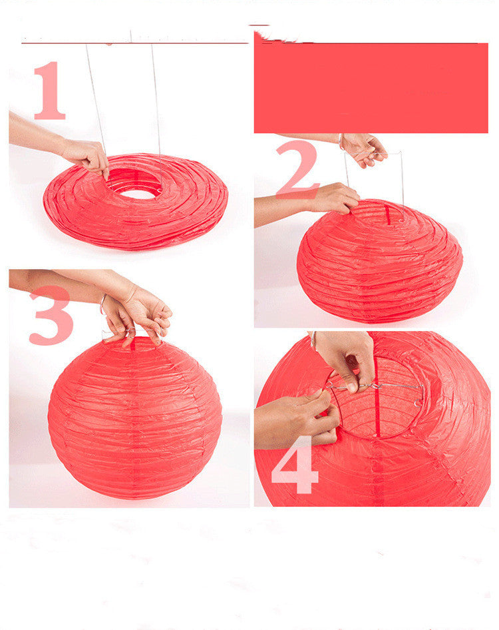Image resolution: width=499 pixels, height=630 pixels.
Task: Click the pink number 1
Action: [x=50, y=91]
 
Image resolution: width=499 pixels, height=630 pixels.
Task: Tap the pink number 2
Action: [x=297, y=169]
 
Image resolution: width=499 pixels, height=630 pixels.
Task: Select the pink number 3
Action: [x=51, y=316]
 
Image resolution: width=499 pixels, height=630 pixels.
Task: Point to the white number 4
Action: [x=295, y=465]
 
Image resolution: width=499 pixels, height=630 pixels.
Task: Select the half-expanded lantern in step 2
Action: [x=380, y=261]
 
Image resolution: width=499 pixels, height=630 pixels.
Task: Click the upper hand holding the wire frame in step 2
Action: [x=363, y=149]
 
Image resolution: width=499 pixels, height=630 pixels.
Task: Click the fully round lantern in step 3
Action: [x=135, y=418]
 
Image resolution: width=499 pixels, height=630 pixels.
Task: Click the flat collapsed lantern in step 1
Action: [x=136, y=202]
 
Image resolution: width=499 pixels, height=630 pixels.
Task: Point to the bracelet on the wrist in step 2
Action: [x=340, y=141]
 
